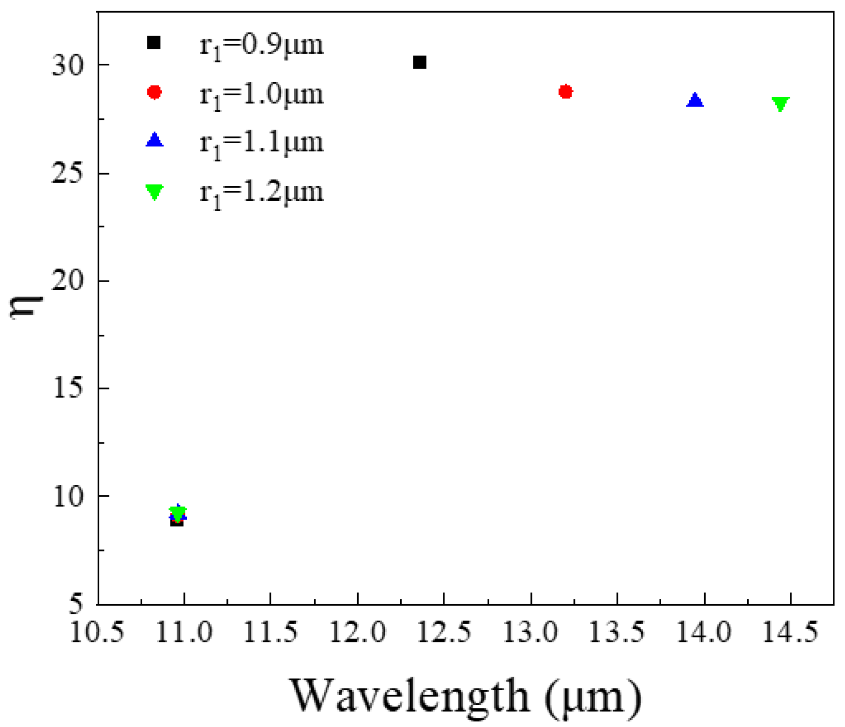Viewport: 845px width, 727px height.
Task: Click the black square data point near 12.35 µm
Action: point(420,62)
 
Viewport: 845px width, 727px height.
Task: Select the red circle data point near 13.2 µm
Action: point(565,91)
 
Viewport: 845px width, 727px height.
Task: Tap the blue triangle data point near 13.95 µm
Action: point(695,101)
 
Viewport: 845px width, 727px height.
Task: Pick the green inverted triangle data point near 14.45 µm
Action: point(781,104)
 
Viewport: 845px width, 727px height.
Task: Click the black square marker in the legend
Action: point(154,43)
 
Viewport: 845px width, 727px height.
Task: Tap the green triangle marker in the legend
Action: point(154,192)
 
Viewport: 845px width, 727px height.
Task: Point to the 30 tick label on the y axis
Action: point(68,65)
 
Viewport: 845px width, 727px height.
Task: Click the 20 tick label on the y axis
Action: point(68,281)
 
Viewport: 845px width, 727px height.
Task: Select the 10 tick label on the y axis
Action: point(68,497)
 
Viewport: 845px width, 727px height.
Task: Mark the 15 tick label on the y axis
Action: point(68,388)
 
